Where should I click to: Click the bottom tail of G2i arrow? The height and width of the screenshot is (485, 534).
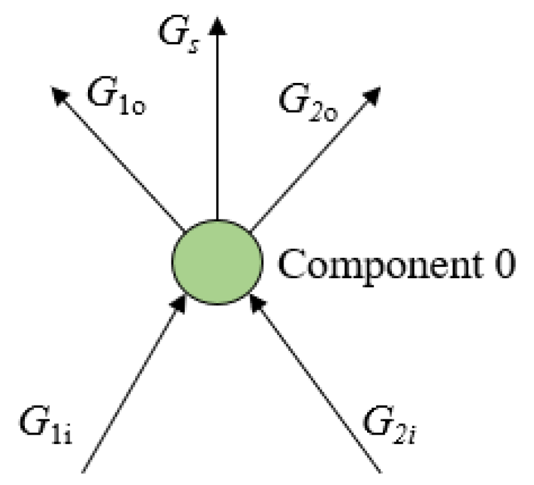coord(380,471)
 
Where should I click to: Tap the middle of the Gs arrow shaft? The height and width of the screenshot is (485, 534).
coord(218,121)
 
